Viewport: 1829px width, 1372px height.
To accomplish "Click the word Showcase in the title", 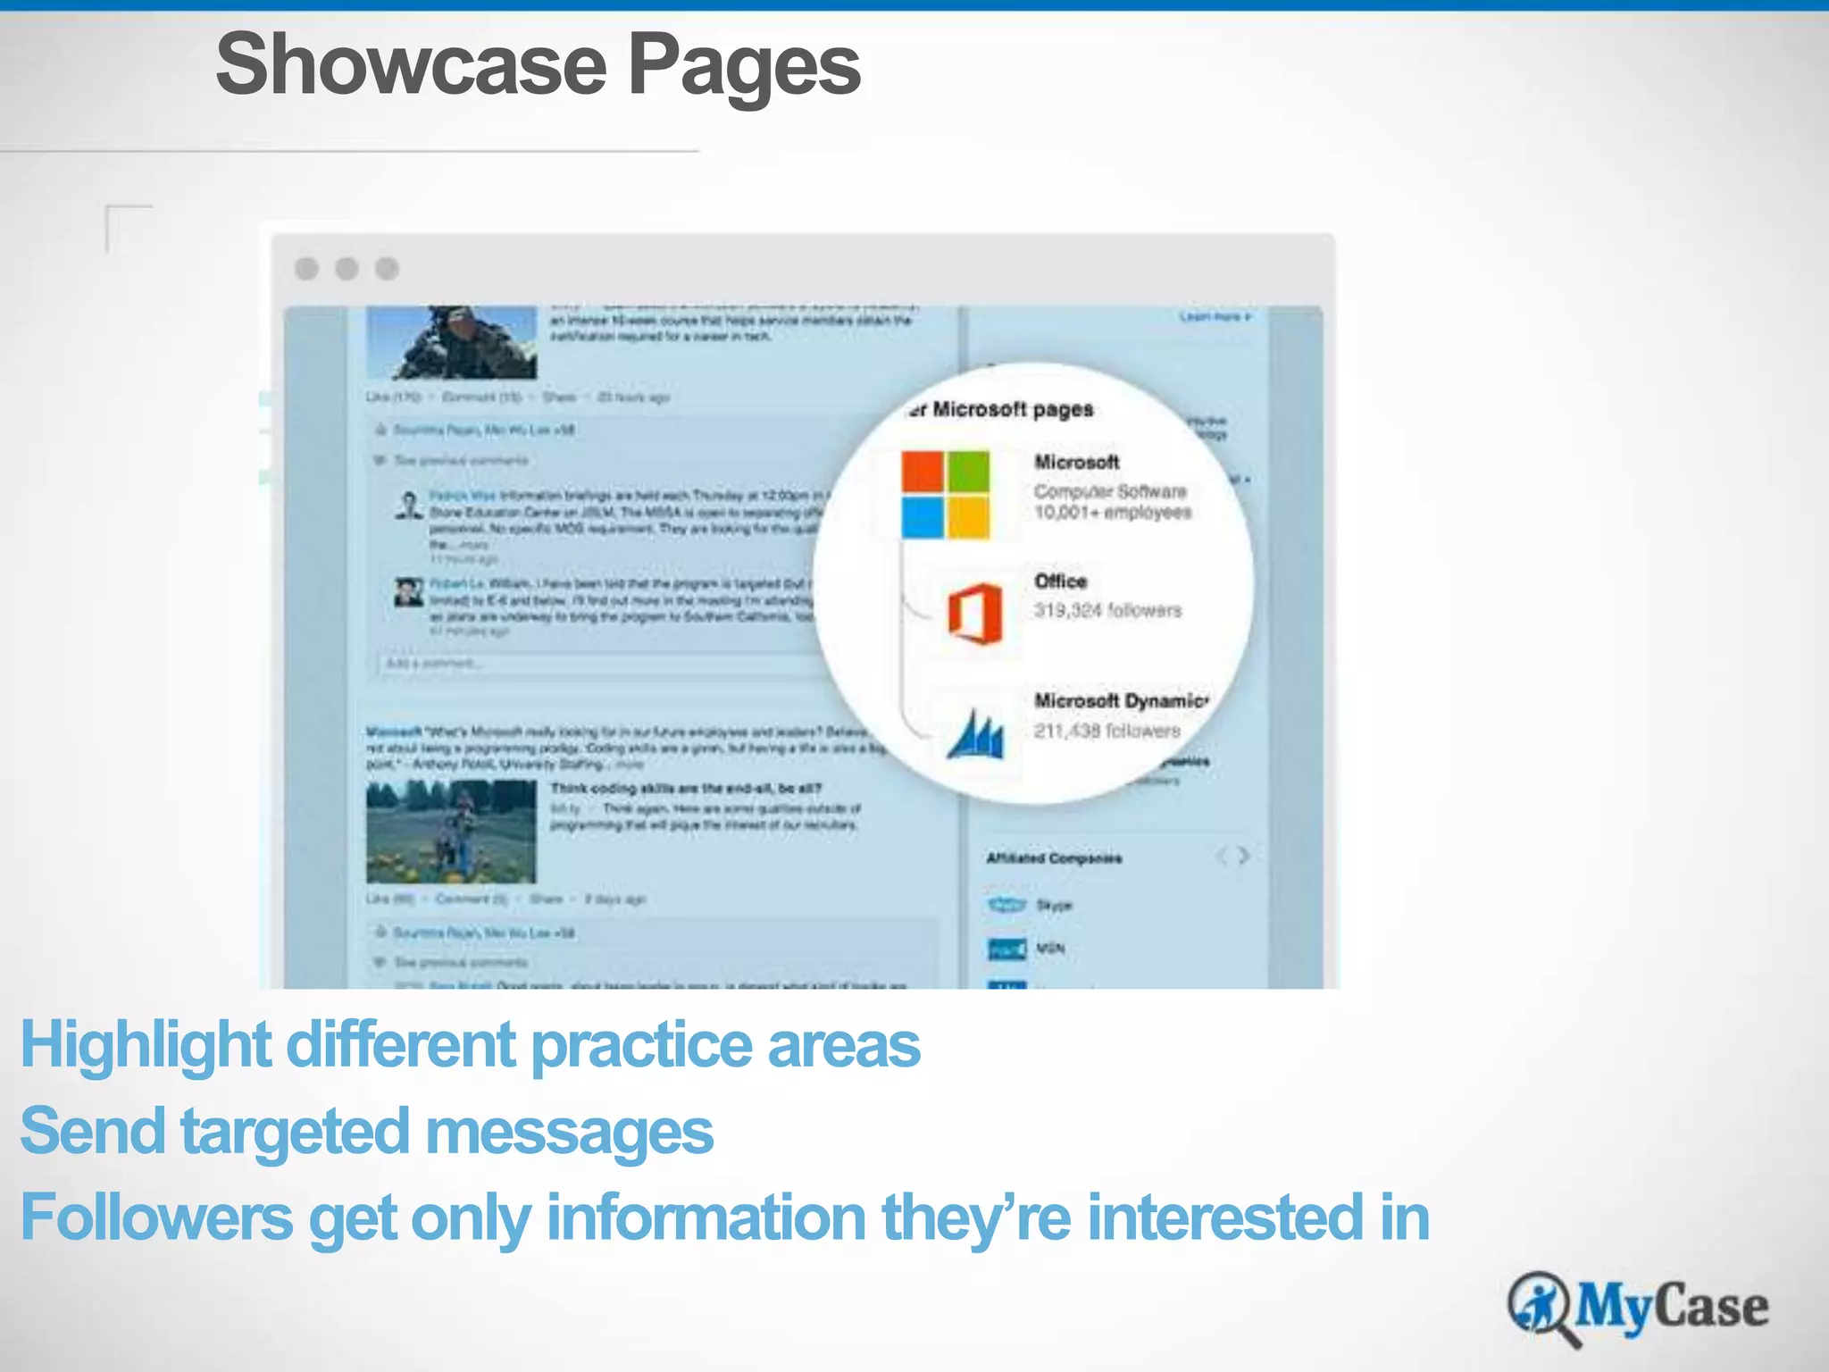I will (x=411, y=65).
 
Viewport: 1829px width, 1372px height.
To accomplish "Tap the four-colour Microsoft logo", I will (x=945, y=495).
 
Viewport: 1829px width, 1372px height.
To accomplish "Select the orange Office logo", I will (x=975, y=614).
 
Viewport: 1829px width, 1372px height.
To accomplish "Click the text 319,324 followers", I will (x=1107, y=610).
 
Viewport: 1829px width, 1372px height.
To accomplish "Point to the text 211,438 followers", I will (x=1107, y=731).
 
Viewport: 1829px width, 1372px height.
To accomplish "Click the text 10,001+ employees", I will (x=1113, y=513).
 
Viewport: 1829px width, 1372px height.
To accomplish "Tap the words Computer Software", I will (x=1110, y=491).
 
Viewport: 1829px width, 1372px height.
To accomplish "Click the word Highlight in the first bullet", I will (x=146, y=1044).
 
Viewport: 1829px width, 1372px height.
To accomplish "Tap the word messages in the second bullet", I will (x=569, y=1131).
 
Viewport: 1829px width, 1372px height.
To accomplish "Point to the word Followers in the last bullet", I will (x=156, y=1217).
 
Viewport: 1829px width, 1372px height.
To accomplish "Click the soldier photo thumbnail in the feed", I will (x=452, y=343).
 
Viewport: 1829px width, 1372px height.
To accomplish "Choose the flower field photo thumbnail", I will (x=451, y=832).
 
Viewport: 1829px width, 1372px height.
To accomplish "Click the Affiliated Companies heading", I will (x=1054, y=858).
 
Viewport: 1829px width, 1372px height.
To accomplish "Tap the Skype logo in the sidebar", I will (x=1006, y=905).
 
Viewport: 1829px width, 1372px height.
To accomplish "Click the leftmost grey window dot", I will (x=307, y=269).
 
